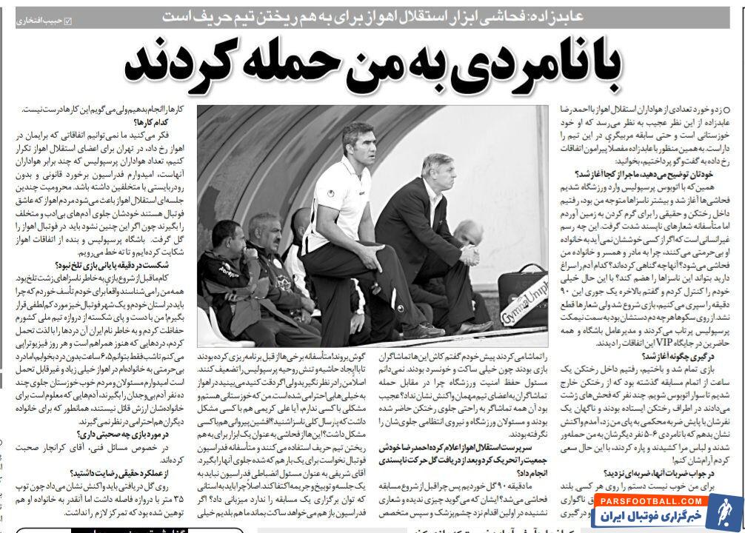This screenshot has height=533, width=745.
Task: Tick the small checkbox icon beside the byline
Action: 69,20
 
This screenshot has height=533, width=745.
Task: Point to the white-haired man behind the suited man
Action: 465,235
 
